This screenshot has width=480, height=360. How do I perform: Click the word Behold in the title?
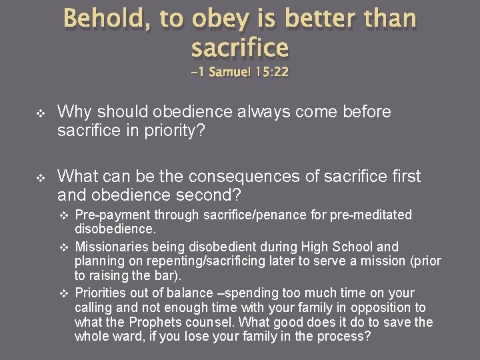(106, 19)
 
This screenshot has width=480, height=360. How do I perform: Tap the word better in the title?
(317, 19)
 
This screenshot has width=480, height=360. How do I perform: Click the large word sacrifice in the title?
(240, 48)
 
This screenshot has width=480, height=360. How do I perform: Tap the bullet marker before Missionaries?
(65, 247)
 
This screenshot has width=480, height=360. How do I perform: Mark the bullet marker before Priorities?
(65, 293)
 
